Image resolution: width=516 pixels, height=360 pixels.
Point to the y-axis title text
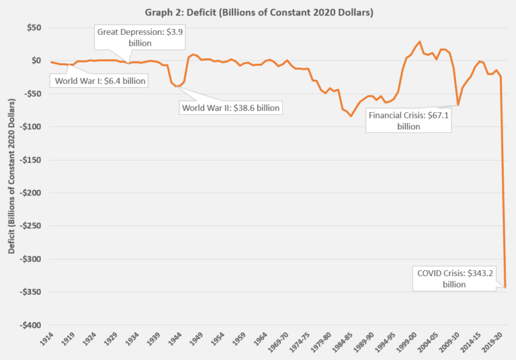(11, 177)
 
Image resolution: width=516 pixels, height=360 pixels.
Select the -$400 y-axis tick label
(30, 325)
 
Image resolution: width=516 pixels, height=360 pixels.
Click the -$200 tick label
(30, 193)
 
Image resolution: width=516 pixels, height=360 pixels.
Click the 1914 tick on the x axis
(47, 341)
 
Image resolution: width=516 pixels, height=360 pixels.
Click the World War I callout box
(98, 81)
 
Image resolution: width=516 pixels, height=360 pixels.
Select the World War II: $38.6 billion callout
(230, 107)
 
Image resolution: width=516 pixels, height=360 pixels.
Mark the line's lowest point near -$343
(505, 287)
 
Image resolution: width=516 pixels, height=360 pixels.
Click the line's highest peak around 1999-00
(419, 42)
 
